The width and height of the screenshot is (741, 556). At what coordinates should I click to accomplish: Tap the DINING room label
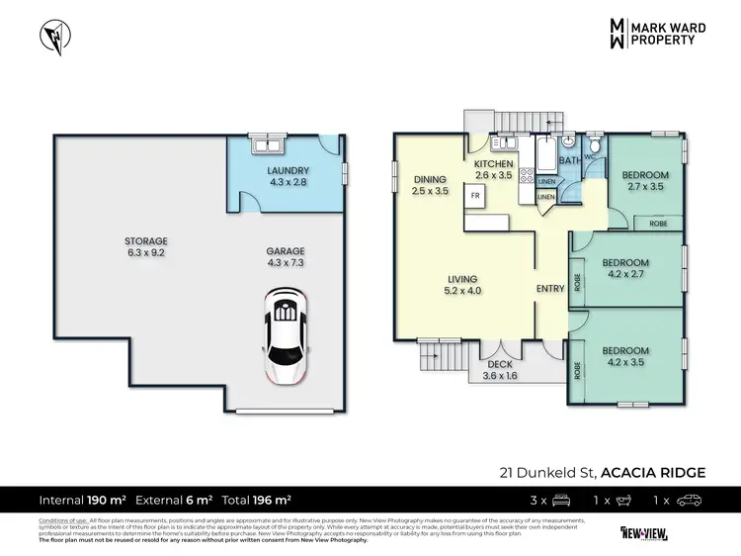[x=429, y=185]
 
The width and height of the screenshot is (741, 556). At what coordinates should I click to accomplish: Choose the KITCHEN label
[x=493, y=169]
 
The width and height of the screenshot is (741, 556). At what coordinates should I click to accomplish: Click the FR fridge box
[x=475, y=196]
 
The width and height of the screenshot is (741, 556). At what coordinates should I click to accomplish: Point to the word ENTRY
[x=549, y=288]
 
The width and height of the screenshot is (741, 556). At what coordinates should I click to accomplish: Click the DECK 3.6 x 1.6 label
[x=498, y=370]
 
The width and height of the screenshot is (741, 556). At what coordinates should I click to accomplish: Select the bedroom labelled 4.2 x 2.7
[x=624, y=268]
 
